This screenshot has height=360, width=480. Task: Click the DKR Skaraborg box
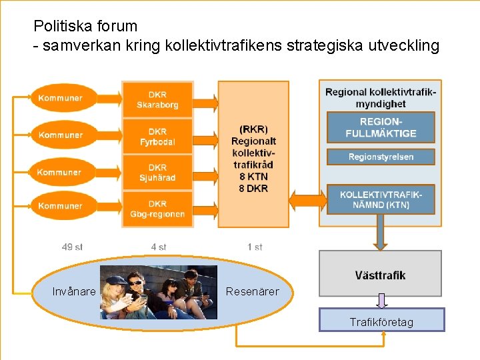coord(157,100)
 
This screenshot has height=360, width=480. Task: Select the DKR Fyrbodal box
coord(157,137)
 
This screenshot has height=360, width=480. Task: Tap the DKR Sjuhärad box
coord(157,173)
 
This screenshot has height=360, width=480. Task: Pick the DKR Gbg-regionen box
coord(157,209)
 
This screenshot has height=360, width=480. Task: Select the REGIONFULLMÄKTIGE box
coord(381,127)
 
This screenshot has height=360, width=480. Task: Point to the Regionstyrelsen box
coord(381,157)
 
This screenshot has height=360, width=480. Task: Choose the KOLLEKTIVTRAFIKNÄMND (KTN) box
coord(381,199)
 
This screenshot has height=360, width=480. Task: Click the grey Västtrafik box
coord(380,274)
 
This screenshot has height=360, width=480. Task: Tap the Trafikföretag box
coord(381,321)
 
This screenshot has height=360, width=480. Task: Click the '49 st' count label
coord(72,247)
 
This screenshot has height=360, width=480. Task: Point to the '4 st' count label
coord(159,247)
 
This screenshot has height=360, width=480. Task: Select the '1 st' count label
coord(255,247)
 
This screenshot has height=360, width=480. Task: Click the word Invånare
coord(74,291)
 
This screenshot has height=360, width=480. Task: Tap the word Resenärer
coord(252,291)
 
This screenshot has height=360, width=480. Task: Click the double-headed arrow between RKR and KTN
coord(307,199)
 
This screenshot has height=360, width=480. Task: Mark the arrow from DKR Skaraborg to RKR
coord(205,101)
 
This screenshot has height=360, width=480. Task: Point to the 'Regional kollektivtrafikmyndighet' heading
coord(381,97)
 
